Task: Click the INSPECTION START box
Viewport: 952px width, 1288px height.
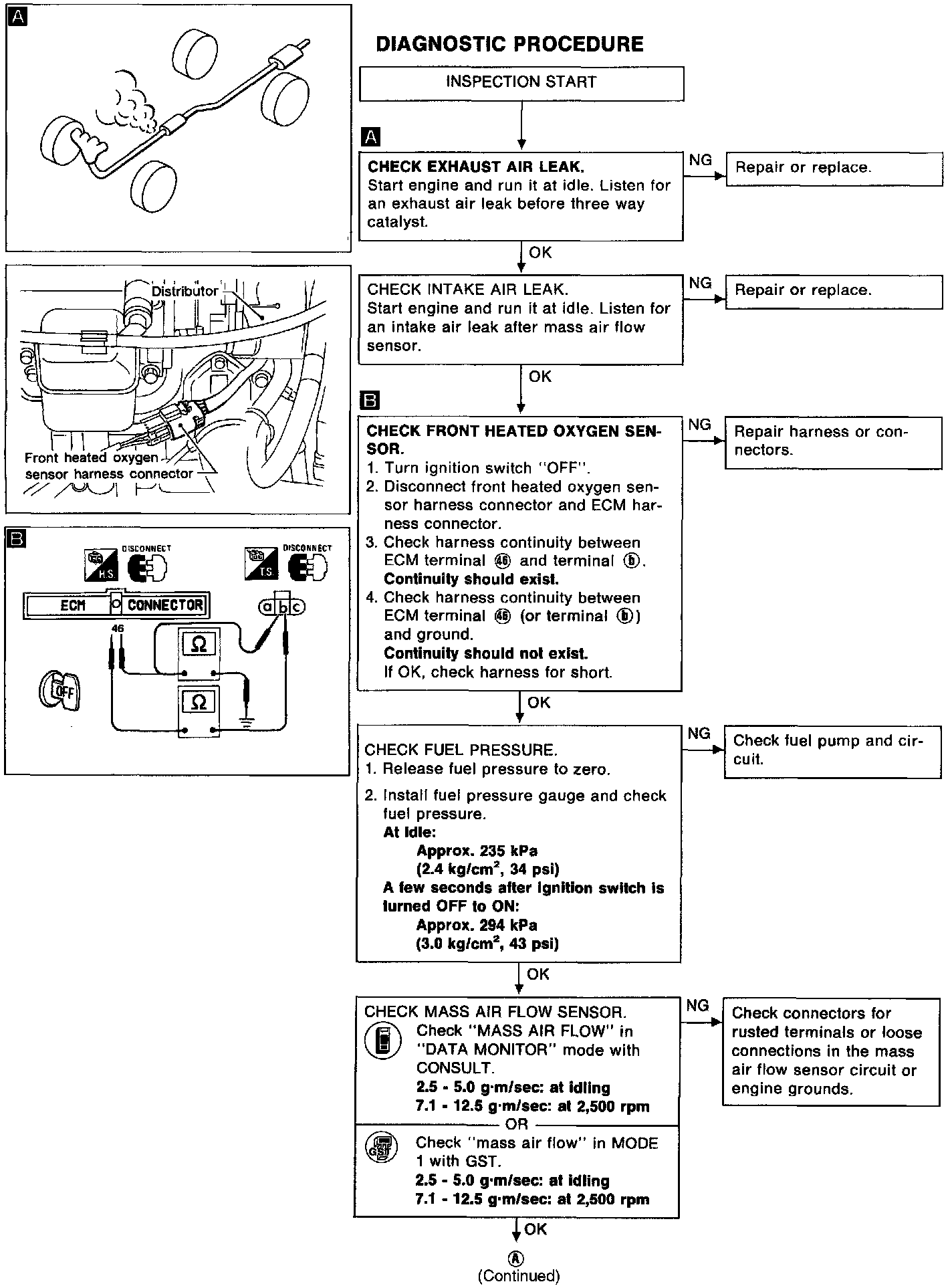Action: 521,83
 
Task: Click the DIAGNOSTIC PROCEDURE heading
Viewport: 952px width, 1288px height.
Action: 509,44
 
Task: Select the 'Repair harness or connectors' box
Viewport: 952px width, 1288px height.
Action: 833,441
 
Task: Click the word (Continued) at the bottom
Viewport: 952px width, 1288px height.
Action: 519,1275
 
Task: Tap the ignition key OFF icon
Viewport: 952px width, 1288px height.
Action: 59,690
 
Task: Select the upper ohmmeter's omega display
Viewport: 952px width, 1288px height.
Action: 199,644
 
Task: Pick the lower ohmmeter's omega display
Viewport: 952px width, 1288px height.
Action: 199,702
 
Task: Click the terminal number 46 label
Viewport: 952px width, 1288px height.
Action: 118,629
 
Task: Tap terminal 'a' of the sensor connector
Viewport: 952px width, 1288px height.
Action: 267,607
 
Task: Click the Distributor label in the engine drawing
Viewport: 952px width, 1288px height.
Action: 185,291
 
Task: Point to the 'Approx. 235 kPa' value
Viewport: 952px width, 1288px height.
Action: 477,851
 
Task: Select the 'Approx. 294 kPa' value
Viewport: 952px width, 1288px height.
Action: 477,926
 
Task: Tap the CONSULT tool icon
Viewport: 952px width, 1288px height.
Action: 382,1041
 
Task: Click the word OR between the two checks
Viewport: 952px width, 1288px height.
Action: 517,1124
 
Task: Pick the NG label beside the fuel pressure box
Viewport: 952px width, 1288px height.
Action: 699,734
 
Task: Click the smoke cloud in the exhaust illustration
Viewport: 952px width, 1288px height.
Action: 127,100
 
